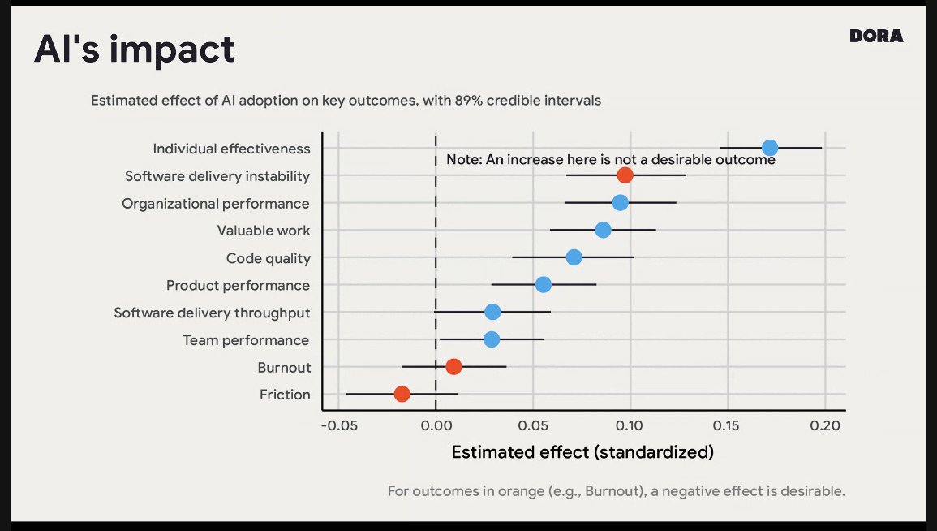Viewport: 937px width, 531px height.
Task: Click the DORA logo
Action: pos(876,36)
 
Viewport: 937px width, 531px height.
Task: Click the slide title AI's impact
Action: pos(135,50)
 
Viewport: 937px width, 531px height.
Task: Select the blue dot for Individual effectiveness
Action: pos(770,148)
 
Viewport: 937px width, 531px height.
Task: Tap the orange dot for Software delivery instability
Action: pos(625,175)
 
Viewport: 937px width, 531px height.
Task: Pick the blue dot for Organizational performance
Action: pos(620,202)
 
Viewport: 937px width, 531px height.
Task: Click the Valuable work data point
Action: pos(603,230)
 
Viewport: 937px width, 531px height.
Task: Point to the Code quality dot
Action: pos(574,257)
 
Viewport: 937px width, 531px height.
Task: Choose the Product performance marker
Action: pos(544,284)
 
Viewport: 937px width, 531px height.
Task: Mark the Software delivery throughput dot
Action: pos(492,312)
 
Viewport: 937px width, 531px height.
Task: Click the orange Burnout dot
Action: pos(453,366)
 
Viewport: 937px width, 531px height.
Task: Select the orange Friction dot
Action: pos(402,394)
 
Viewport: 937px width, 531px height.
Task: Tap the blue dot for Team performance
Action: pos(492,339)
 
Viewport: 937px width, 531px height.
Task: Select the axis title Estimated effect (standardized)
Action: pos(582,452)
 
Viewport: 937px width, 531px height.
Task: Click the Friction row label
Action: pos(285,395)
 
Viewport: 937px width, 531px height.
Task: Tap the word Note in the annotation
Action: pos(463,160)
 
